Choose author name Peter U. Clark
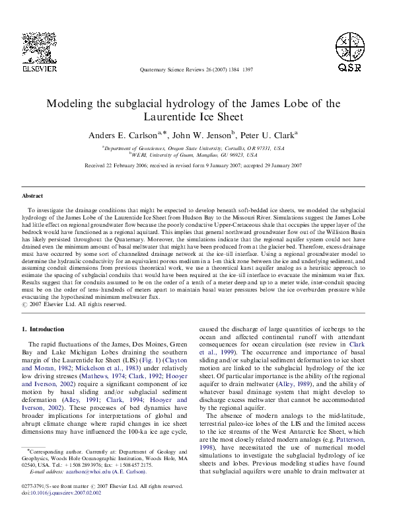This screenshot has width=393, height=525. point(273,134)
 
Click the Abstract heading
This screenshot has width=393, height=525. point(33,196)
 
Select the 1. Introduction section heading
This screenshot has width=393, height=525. point(46,329)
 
